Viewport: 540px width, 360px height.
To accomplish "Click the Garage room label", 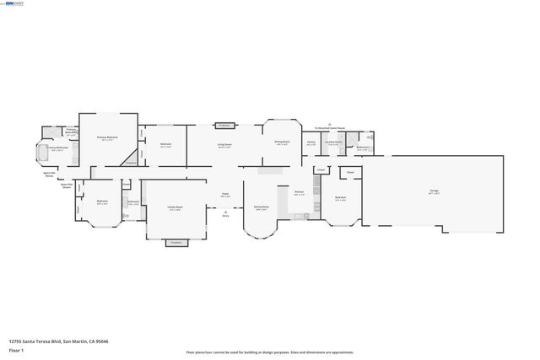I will pyautogui.click(x=434, y=192).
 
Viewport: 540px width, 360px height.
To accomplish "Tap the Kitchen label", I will pyautogui.click(x=299, y=193).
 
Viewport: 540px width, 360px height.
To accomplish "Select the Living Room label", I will pyautogui.click(x=224, y=144).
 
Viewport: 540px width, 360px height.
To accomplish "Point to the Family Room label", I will pyautogui.click(x=175, y=207).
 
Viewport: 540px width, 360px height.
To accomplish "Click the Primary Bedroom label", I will pyautogui.click(x=107, y=137).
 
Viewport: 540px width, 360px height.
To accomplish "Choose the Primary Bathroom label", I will pyautogui.click(x=57, y=148).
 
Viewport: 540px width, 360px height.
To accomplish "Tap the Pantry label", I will pyautogui.click(x=310, y=142).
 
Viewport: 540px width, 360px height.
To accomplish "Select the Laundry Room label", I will pyautogui.click(x=334, y=142).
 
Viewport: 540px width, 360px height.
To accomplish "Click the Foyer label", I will pyautogui.click(x=225, y=194).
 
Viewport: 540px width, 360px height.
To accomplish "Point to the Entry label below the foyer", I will pyautogui.click(x=225, y=216).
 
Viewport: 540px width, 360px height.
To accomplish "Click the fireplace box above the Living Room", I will pyautogui.click(x=224, y=125).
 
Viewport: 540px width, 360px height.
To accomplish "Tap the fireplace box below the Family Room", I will pyautogui.click(x=175, y=243).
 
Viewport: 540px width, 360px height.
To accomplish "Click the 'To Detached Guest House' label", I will pyautogui.click(x=328, y=128).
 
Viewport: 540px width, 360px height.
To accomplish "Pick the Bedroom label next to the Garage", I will pyautogui.click(x=341, y=199).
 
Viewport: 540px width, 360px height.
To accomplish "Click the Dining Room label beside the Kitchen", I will pyautogui.click(x=262, y=207).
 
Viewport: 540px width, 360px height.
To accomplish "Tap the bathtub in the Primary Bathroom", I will pyautogui.click(x=41, y=152).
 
